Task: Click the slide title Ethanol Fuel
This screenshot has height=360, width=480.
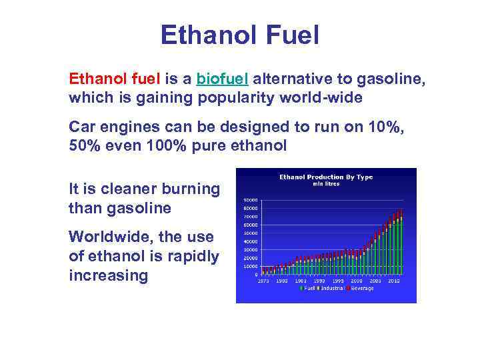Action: click(239, 35)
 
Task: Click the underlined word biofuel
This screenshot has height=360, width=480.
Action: click(223, 79)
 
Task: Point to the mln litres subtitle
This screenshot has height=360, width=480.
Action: click(326, 184)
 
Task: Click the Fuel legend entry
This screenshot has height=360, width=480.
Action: click(309, 289)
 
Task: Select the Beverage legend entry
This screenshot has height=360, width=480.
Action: click(362, 289)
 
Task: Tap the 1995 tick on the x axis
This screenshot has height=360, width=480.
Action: click(339, 281)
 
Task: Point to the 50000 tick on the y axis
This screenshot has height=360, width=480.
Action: click(251, 233)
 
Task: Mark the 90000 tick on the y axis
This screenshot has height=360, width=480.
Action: click(251, 200)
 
